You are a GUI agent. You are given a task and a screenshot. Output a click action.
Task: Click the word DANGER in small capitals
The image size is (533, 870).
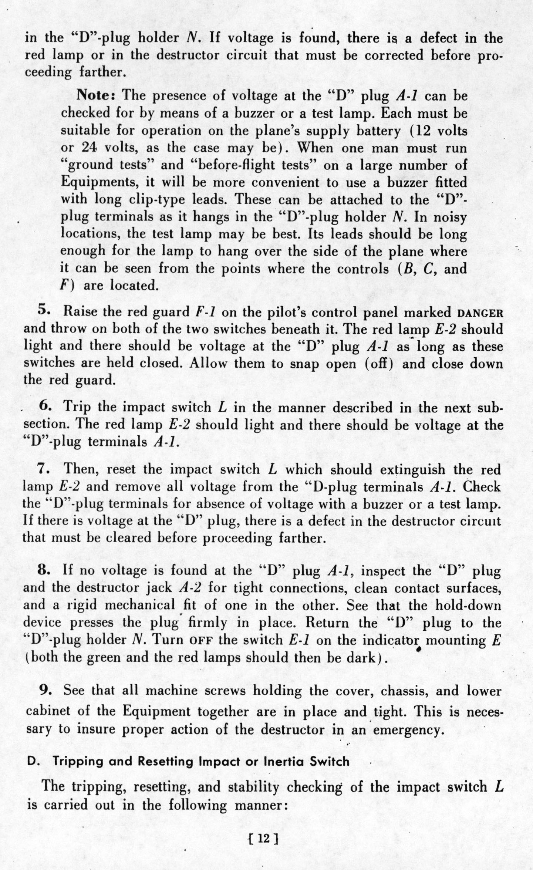[480, 313]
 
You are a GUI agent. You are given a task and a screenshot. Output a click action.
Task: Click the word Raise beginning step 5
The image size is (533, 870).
[80, 311]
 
